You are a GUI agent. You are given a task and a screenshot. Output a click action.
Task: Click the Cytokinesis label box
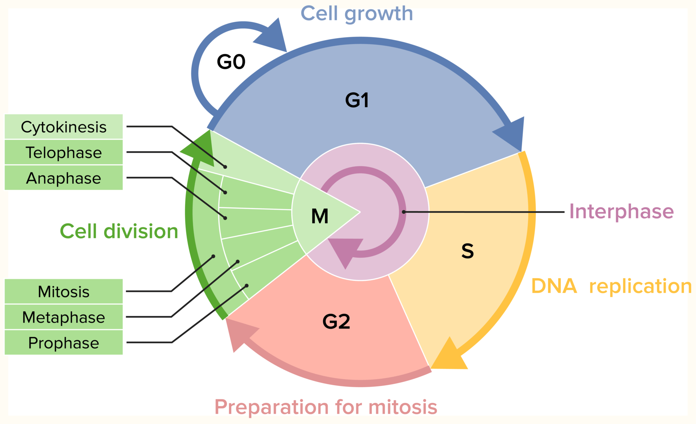tap(63, 127)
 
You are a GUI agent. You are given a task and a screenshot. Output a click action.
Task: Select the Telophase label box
tap(63, 153)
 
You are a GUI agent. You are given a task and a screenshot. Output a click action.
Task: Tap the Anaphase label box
tap(63, 178)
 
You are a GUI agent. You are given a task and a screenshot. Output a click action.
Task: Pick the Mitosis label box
tap(63, 291)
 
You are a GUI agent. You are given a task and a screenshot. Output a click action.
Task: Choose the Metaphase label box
tap(63, 317)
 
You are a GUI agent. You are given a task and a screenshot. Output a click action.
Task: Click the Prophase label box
tap(63, 342)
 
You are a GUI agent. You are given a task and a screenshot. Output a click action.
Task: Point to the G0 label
tap(231, 62)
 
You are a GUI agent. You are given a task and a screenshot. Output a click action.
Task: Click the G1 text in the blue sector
tap(357, 100)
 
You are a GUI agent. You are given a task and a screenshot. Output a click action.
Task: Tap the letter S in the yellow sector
tap(467, 251)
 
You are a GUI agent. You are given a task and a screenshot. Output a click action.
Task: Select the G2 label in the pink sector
tap(336, 321)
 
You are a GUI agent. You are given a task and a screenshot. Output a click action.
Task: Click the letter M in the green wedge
tap(320, 216)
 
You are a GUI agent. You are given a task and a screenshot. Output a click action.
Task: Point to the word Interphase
tap(621, 211)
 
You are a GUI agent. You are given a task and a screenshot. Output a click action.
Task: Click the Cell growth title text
tap(357, 14)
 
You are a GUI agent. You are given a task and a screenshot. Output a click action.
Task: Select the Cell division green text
tap(119, 231)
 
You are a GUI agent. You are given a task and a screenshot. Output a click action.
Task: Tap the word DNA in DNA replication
tap(554, 286)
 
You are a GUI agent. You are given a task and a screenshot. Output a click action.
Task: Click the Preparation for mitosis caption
tap(326, 407)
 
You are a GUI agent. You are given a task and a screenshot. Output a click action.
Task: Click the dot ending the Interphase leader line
tap(404, 212)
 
